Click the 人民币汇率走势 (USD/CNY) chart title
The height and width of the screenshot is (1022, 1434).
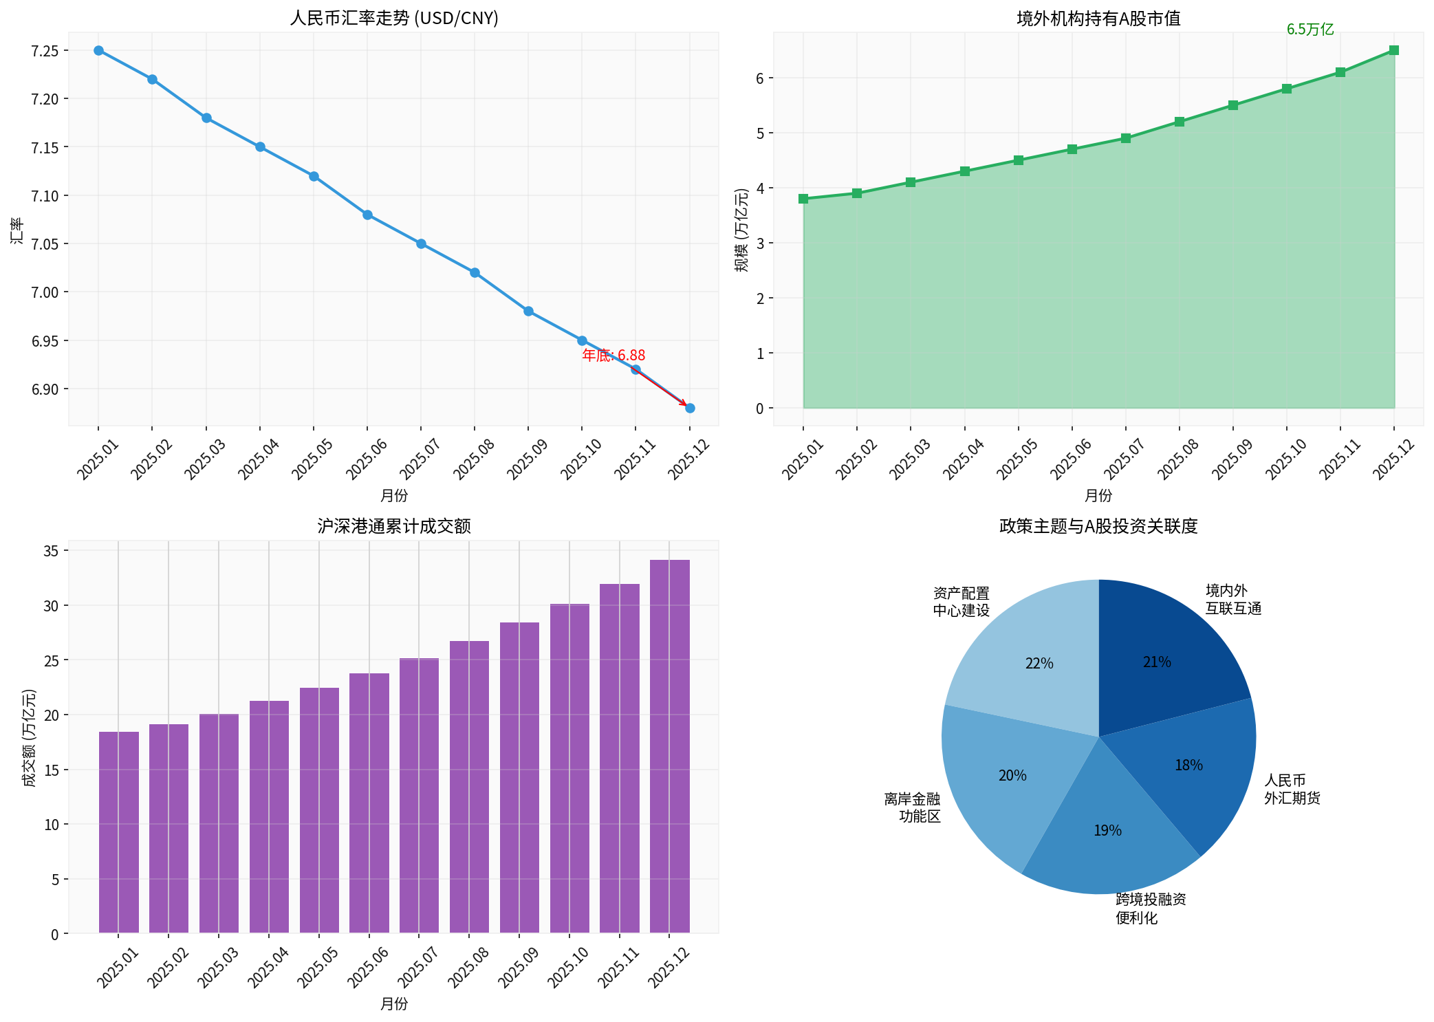[x=393, y=18]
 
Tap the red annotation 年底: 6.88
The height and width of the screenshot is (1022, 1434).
[x=613, y=356]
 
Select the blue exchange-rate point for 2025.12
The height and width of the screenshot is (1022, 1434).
[x=690, y=409]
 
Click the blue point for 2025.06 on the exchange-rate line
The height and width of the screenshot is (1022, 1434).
[x=367, y=215]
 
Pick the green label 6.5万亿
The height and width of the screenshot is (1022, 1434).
[x=1310, y=29]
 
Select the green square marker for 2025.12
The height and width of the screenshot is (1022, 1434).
[x=1393, y=50]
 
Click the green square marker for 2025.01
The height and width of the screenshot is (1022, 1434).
[x=803, y=199]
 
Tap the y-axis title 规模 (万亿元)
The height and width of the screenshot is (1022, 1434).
[x=741, y=230]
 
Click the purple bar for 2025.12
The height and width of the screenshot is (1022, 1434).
[x=669, y=746]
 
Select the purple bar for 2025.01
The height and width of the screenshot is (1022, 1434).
[x=118, y=832]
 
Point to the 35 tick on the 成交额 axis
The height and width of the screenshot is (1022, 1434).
[x=52, y=551]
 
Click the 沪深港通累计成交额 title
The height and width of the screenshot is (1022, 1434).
[x=393, y=526]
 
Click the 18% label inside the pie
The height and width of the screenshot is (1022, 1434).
[x=1188, y=765]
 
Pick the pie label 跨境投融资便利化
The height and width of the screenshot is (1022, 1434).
[x=1150, y=909]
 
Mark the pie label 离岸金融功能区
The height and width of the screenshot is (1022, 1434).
[x=912, y=807]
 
